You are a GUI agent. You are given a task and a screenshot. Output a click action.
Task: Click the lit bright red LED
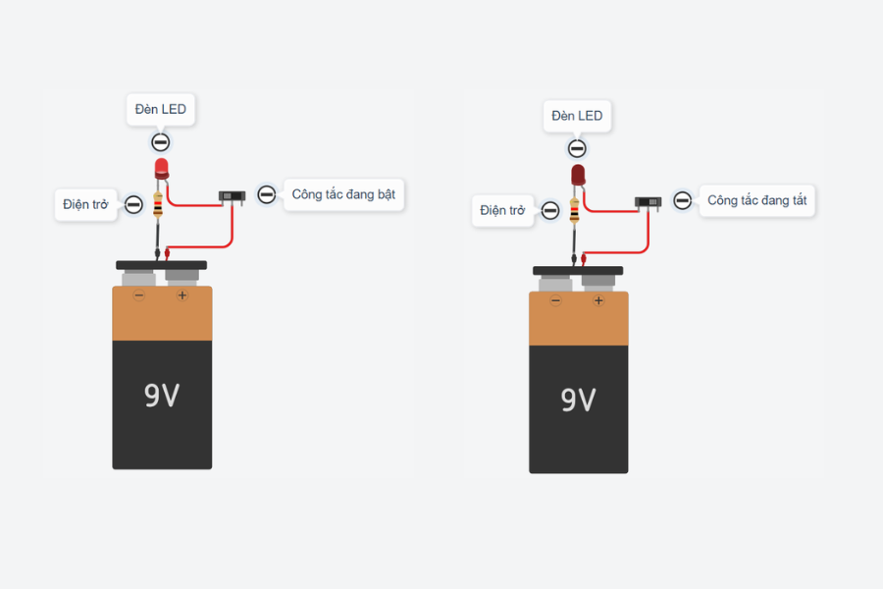pos(162,169)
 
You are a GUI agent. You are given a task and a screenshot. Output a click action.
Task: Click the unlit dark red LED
pos(578,176)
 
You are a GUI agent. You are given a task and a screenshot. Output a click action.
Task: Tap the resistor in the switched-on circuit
pos(158,204)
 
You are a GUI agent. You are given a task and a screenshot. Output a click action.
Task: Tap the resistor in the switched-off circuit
pos(574,210)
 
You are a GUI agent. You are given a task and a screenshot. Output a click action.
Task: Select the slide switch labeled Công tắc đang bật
pos(232,196)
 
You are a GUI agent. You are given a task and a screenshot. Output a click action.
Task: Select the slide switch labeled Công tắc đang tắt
pos(649,202)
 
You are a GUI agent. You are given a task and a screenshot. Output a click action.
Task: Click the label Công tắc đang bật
pos(343,194)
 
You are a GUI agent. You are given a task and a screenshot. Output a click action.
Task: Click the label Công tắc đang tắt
pos(756,200)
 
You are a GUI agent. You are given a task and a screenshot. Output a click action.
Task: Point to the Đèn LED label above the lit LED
pos(161,109)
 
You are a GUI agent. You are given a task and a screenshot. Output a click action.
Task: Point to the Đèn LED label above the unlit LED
pos(577,116)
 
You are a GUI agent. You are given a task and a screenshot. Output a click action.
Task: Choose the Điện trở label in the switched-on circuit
pos(85,204)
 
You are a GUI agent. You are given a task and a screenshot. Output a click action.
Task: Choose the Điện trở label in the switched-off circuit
pos(502,211)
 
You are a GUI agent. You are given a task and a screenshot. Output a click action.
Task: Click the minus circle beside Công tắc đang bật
pos(266,194)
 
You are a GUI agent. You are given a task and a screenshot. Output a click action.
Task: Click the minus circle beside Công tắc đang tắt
pos(683,200)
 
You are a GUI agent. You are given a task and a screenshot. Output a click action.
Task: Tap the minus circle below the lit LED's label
pos(161,142)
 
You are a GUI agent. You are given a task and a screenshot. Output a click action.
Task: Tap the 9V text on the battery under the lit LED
pos(162,395)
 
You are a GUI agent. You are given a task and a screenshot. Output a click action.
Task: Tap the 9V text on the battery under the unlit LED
pos(578,400)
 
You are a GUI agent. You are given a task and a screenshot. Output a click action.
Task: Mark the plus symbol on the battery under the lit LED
pos(182,295)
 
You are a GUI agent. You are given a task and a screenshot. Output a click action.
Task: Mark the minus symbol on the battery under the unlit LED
pos(556,300)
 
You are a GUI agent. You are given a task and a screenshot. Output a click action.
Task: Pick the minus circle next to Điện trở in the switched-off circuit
pos(550,211)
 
